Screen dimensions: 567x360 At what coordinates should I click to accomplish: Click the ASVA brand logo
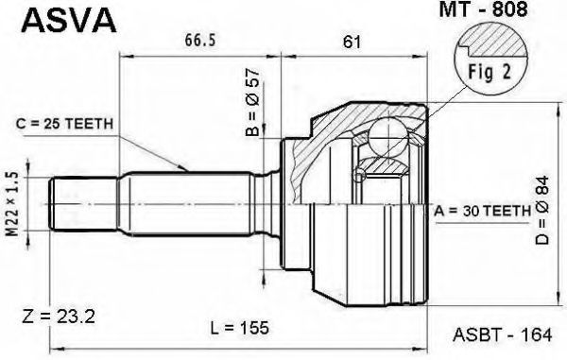click(x=69, y=20)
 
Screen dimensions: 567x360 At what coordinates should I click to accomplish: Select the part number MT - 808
click(x=483, y=9)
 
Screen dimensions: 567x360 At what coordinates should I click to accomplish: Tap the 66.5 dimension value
click(x=200, y=40)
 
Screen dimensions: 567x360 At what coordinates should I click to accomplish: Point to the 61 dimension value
click(x=352, y=42)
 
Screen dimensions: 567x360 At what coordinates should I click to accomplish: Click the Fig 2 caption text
click(x=490, y=72)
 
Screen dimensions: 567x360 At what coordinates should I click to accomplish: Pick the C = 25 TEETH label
click(x=64, y=124)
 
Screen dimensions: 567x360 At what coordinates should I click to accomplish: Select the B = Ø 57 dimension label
click(x=252, y=102)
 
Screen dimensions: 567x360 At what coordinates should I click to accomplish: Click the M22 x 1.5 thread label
click(x=13, y=204)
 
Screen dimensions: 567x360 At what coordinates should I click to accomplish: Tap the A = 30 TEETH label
click(x=482, y=211)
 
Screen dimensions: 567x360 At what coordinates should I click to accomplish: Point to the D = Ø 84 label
click(x=542, y=211)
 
